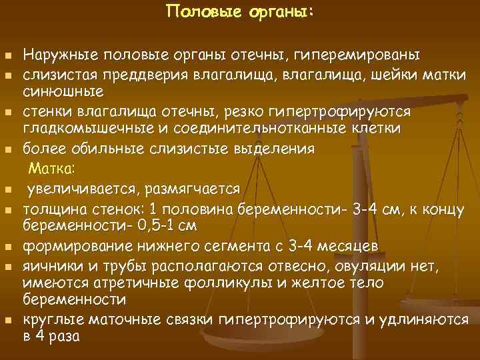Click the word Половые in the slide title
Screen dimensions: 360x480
coord(193,11)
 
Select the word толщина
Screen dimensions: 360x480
coord(53,211)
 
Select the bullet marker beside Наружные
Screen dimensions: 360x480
coord(7,54)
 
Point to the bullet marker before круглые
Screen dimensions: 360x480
coord(7,320)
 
